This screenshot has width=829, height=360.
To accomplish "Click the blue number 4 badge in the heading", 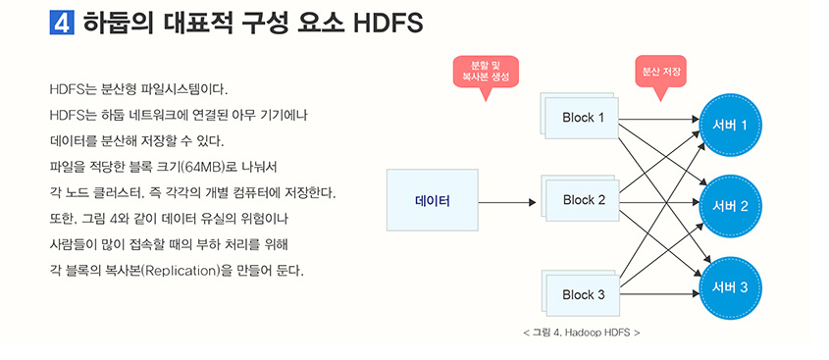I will [62, 24].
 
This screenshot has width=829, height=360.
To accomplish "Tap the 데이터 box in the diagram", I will [432, 202].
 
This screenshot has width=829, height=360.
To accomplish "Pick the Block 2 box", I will [583, 201].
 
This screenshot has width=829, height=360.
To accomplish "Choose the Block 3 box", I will [583, 294].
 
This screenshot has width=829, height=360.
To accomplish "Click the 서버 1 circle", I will [731, 125].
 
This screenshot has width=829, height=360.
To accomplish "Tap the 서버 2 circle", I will [731, 207].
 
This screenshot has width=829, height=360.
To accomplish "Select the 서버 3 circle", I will [731, 287].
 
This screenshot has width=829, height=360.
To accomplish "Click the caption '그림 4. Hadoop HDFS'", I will [582, 334].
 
